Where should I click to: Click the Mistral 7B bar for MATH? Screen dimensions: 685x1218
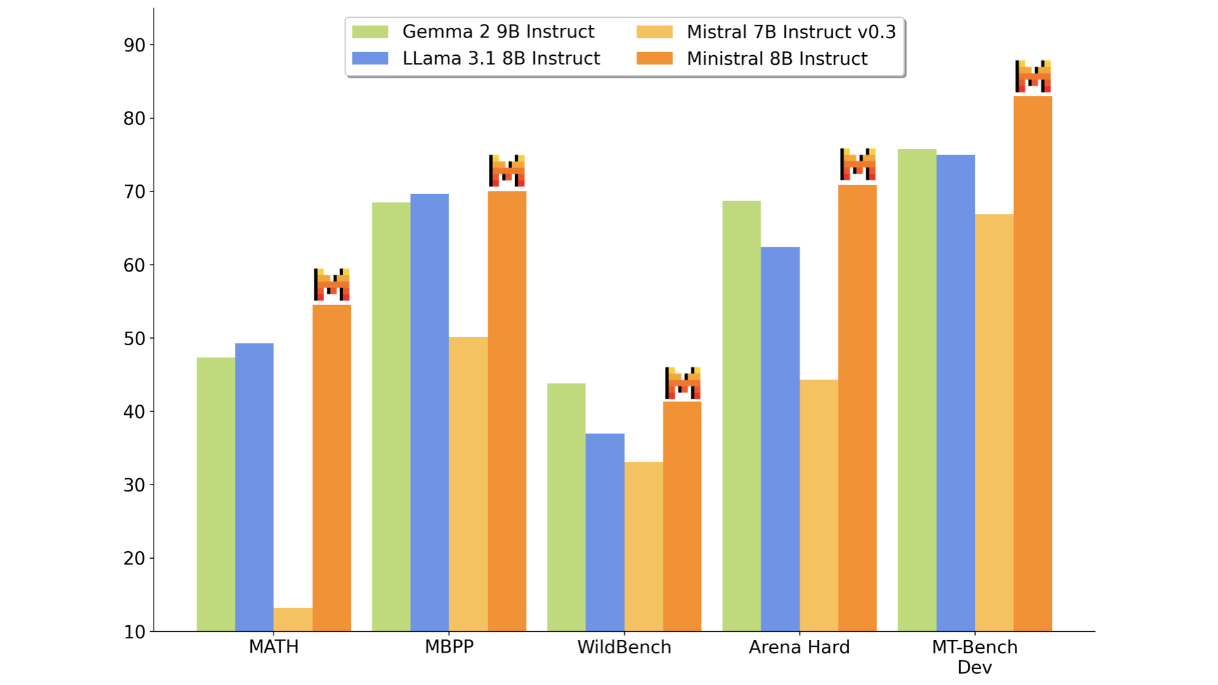[x=293, y=620]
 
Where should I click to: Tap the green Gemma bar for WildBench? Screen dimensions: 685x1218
[x=566, y=507]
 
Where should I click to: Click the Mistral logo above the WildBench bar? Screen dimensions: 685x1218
[x=683, y=383]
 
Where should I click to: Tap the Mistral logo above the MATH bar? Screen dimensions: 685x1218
[x=332, y=284]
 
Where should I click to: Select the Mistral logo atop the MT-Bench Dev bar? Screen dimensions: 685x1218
[x=1033, y=76]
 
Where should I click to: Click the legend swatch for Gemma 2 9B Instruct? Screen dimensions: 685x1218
[x=370, y=32]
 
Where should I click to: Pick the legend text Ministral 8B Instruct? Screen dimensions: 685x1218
[x=776, y=59]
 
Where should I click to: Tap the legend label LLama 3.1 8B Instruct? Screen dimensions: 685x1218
[x=501, y=59]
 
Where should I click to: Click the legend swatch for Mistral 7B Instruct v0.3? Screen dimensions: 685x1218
[x=655, y=32]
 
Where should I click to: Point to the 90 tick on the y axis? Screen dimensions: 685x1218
[x=134, y=45]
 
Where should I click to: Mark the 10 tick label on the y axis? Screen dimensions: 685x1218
[x=134, y=632]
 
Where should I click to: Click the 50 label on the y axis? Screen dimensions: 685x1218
[x=134, y=339]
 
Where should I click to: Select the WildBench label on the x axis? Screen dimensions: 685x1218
[x=624, y=648]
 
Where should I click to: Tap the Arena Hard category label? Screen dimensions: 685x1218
[x=799, y=648]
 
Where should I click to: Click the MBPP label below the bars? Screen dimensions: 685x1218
[x=449, y=648]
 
